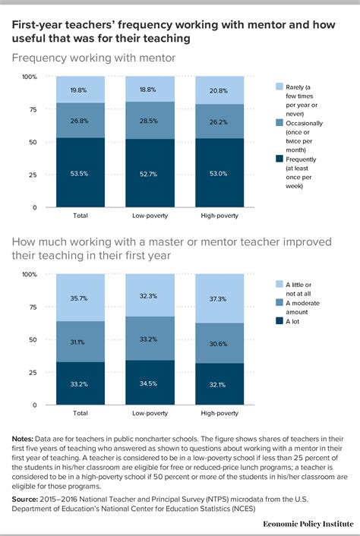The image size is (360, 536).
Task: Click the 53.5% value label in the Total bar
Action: click(x=80, y=173)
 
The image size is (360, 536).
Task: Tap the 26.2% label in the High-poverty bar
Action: click(x=219, y=119)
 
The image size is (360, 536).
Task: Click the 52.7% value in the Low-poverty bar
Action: click(x=150, y=174)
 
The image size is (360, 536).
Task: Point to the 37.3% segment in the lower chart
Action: click(x=219, y=298)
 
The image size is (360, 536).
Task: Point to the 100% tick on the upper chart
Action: click(x=28, y=77)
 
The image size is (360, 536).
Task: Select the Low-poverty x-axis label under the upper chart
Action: click(x=150, y=216)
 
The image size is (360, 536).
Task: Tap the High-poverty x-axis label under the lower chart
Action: click(x=219, y=413)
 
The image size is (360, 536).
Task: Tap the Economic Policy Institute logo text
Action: click(x=305, y=524)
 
